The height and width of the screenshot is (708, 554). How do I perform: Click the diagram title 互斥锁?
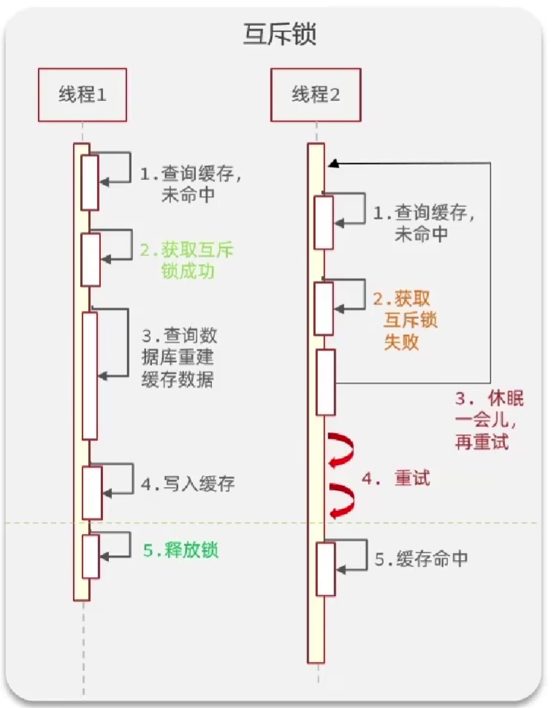(280, 35)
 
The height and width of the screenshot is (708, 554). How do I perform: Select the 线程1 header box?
(82, 94)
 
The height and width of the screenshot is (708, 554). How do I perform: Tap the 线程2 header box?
(316, 94)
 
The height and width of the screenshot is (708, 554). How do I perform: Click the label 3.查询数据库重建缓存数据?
(179, 358)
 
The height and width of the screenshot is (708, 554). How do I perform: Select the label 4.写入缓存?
(188, 484)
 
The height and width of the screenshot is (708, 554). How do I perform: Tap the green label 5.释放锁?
(181, 551)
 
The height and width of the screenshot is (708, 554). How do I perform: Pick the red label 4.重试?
(395, 479)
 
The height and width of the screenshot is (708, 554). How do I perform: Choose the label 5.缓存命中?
(421, 560)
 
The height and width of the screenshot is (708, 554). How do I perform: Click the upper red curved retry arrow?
(341, 448)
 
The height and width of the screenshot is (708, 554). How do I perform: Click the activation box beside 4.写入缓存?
(91, 492)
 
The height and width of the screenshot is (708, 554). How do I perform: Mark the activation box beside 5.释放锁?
(90, 556)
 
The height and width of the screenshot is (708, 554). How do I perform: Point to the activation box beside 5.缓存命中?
(325, 569)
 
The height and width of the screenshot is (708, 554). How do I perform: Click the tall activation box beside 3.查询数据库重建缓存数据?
(89, 375)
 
